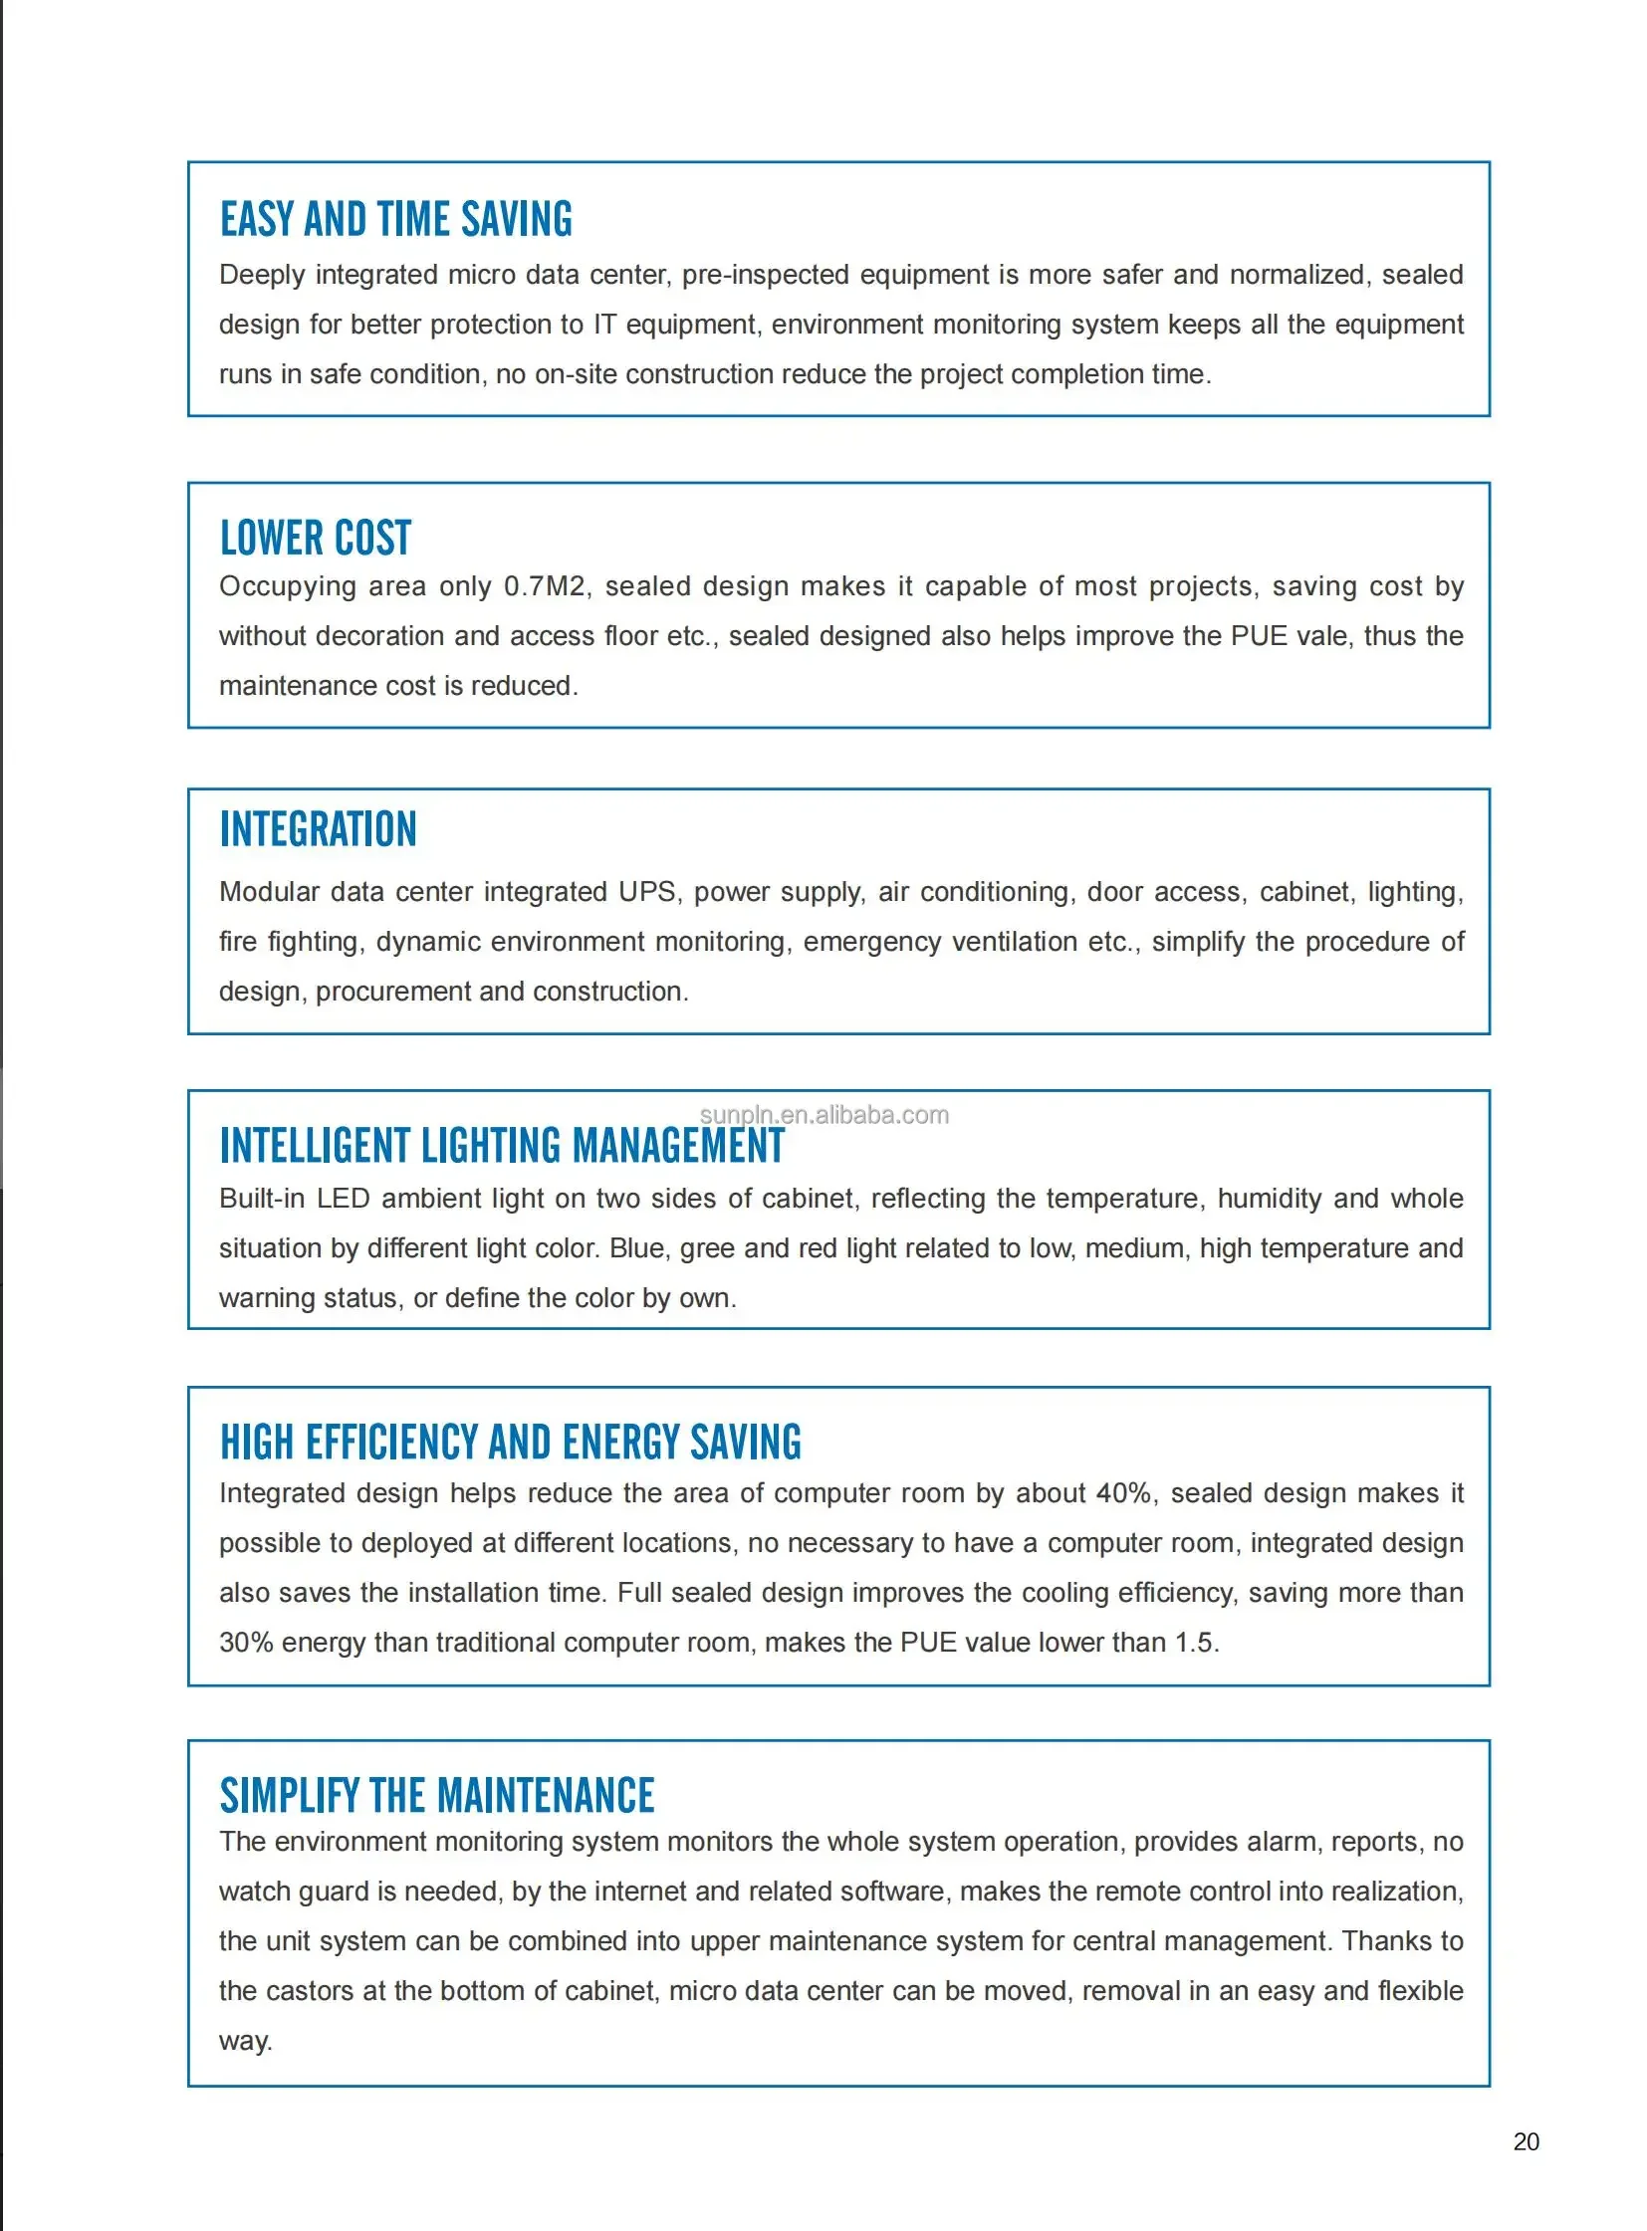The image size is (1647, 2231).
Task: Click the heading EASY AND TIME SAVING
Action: (395, 220)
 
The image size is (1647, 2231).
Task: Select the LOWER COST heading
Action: (315, 539)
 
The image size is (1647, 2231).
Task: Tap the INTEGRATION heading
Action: (318, 829)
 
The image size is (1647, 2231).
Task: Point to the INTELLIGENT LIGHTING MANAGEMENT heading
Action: (502, 1147)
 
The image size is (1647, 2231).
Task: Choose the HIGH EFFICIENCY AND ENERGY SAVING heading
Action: (510, 1443)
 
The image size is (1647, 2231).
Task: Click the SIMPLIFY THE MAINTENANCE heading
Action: (437, 1796)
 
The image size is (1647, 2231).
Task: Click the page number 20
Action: (1526, 2141)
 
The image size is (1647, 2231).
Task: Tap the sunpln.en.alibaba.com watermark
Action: (823, 1115)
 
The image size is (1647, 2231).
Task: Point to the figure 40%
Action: (1124, 1493)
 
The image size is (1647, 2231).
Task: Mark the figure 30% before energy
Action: (245, 1643)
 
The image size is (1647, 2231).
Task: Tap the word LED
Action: (343, 1200)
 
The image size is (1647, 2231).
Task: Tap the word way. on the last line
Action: (245, 2041)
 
